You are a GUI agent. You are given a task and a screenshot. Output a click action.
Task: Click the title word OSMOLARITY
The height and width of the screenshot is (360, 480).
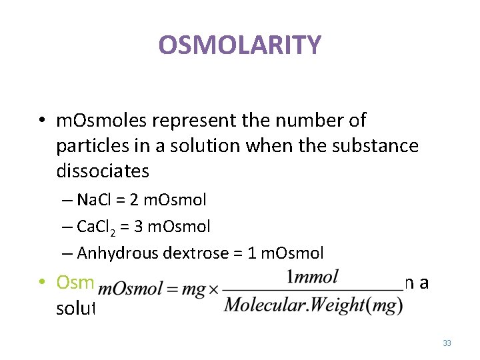click(x=240, y=45)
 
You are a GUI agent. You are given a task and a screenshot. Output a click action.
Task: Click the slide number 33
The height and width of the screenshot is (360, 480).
click(x=447, y=343)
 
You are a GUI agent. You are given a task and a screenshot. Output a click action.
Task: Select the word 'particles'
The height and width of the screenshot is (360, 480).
click(x=87, y=146)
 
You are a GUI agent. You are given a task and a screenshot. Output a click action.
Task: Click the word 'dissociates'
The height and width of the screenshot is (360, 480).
click(x=103, y=171)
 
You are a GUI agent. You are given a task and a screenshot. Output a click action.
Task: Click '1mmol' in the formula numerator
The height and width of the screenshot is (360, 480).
click(x=313, y=277)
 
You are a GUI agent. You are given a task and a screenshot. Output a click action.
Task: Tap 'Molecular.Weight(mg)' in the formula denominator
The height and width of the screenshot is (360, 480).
click(x=313, y=305)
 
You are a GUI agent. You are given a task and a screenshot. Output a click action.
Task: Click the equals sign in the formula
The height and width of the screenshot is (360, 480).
click(x=171, y=291)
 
